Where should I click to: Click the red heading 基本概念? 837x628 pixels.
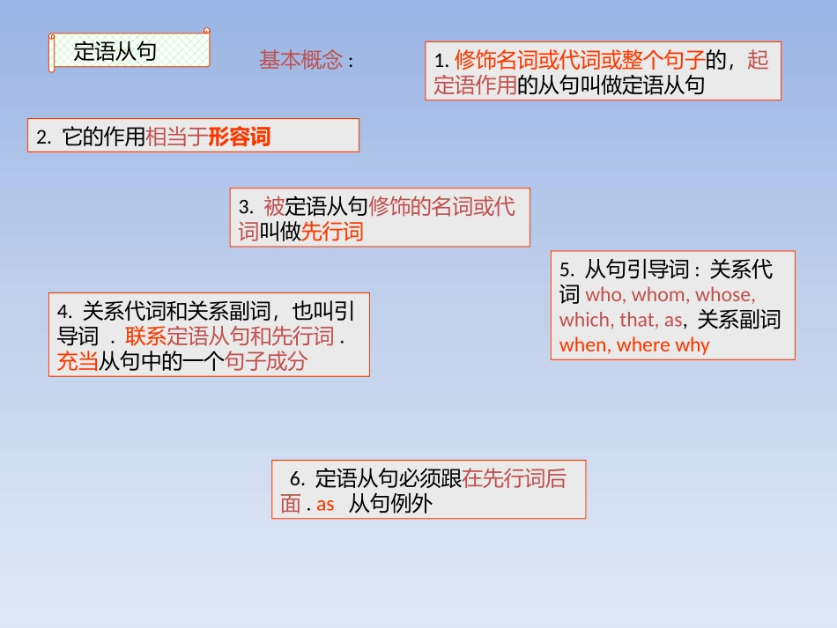[300, 61]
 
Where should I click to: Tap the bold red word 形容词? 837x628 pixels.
[239, 137]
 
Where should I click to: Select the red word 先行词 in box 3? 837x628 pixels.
[332, 232]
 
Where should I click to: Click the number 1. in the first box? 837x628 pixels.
[442, 61]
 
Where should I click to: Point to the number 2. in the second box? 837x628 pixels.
[44, 137]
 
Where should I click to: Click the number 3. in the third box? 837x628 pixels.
[246, 207]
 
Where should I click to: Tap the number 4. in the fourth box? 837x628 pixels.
[63, 311]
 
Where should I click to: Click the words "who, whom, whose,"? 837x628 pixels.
[670, 294]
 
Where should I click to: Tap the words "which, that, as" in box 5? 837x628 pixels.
[620, 320]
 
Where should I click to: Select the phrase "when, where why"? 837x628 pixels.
[634, 345]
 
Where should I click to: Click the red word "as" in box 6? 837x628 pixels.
[325, 505]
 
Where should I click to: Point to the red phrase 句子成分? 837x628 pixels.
[266, 361]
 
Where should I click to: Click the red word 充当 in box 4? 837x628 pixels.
[77, 361]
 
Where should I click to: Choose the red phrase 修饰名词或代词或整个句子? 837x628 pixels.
[579, 60]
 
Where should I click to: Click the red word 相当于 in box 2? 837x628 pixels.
[176, 137]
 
